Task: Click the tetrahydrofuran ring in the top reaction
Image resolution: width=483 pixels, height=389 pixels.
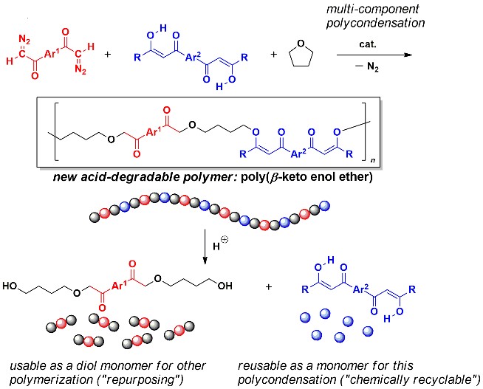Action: point(301,54)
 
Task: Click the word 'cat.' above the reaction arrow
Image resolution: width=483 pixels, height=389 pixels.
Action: point(368,44)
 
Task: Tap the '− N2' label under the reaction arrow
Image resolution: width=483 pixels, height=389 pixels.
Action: point(367,67)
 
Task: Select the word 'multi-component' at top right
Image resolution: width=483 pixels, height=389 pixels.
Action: point(372,10)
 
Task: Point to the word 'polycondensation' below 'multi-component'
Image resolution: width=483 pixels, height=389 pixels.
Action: point(375,23)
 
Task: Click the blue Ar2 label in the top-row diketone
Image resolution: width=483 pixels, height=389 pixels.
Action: point(193,57)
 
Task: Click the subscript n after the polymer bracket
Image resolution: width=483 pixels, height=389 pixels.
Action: point(373,161)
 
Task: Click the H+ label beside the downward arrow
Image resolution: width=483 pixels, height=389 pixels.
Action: point(220,245)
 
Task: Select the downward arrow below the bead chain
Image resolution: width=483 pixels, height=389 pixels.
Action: point(205,247)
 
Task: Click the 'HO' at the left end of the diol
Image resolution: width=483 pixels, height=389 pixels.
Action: point(10,286)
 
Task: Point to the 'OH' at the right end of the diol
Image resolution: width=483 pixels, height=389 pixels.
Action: point(225,286)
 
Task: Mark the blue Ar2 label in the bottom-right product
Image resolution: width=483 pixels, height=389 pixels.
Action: point(360,289)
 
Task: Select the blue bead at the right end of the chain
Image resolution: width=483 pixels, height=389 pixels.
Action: point(325,205)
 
